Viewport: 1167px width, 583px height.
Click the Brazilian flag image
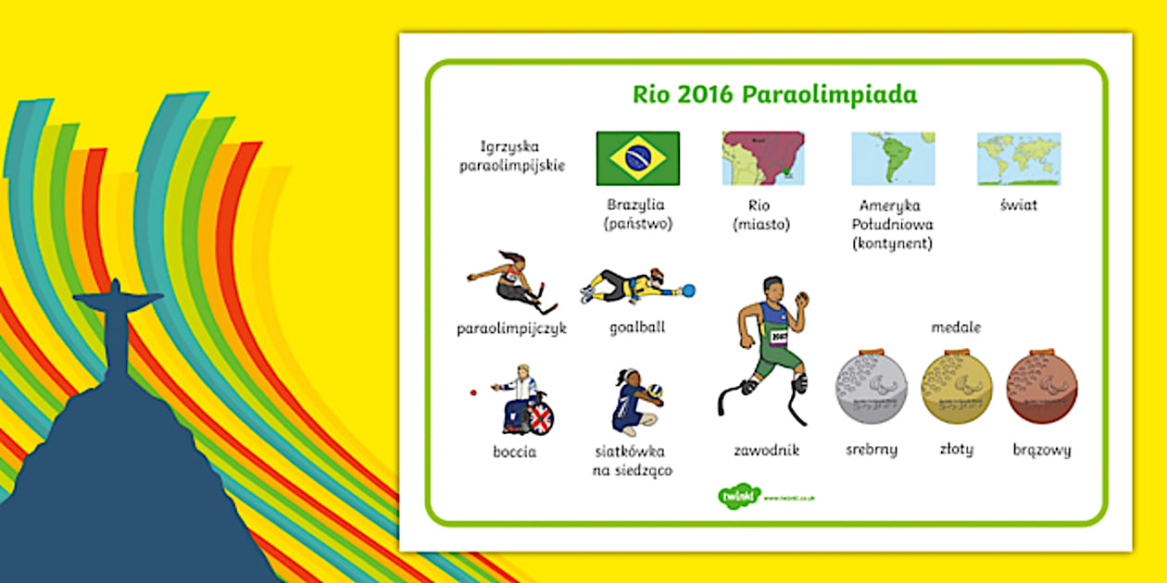click(637, 158)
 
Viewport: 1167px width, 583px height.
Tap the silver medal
click(872, 388)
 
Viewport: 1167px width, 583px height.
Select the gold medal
click(957, 388)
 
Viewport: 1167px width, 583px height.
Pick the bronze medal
click(1042, 388)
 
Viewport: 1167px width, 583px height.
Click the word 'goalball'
click(637, 328)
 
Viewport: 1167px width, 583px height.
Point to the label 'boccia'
click(514, 453)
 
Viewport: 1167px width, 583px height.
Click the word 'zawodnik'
click(766, 451)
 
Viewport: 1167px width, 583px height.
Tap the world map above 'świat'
click(1019, 158)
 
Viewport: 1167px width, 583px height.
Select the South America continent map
click(893, 158)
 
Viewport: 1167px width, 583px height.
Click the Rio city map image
click(763, 158)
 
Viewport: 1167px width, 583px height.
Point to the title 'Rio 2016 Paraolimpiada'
click(774, 95)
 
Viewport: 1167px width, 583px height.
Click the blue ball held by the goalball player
click(688, 291)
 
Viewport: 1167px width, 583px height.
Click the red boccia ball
click(473, 392)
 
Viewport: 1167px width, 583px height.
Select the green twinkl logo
click(738, 496)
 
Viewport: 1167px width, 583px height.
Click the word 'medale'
click(956, 328)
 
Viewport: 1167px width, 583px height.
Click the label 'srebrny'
click(871, 451)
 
